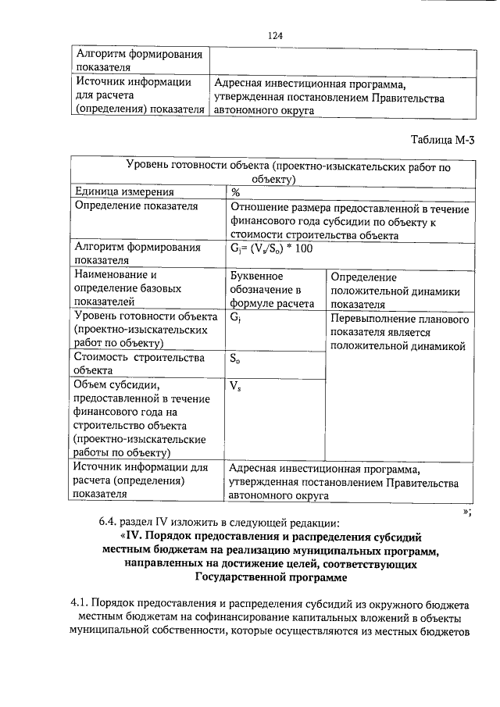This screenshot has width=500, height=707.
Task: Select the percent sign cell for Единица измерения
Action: coord(235,192)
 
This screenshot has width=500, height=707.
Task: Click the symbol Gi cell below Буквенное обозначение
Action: coord(236,319)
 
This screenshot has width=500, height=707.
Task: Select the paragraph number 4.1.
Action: coord(80,604)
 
